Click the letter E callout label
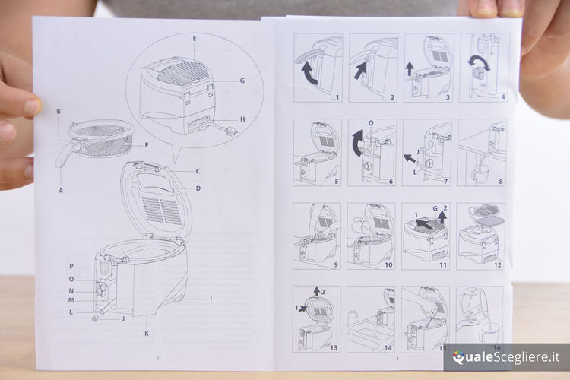pyautogui.click(x=195, y=37)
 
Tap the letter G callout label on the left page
pyautogui.click(x=242, y=80)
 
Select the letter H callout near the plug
pyautogui.click(x=242, y=119)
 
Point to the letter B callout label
pyautogui.click(x=59, y=112)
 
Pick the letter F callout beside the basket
pyautogui.click(x=145, y=144)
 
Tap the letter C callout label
pyautogui.click(x=198, y=171)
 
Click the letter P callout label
pyautogui.click(x=71, y=267)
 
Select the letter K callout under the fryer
pyautogui.click(x=147, y=333)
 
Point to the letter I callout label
pyautogui.click(x=211, y=298)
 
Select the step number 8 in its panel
pyautogui.click(x=500, y=182)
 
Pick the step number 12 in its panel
pyautogui.click(x=498, y=264)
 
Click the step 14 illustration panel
pyautogui.click(x=371, y=319)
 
